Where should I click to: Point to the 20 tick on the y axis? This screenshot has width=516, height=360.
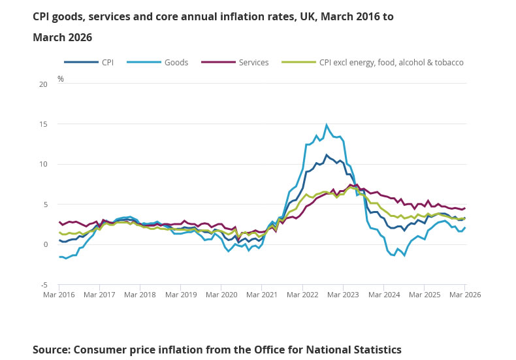point(43,84)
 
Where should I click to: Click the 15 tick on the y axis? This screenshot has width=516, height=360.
point(43,124)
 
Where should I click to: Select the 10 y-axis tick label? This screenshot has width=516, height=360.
point(43,164)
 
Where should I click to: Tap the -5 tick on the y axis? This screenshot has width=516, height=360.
point(44,285)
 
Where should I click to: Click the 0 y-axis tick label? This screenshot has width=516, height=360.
point(45,244)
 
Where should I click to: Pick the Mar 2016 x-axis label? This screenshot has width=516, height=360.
point(59,295)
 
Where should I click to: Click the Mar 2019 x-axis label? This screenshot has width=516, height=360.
point(180,295)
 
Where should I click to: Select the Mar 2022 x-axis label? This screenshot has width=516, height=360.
point(302,295)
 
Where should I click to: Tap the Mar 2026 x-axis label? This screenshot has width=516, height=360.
point(464,295)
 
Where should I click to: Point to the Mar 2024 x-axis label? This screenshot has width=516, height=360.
point(383,295)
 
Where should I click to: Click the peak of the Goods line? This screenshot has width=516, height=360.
point(327,125)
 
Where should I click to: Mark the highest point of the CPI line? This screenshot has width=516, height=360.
point(327,155)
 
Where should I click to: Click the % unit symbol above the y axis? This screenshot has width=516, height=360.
point(61,79)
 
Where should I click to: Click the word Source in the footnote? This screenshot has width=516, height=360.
point(51,350)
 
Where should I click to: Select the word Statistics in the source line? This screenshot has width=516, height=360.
point(373,350)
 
